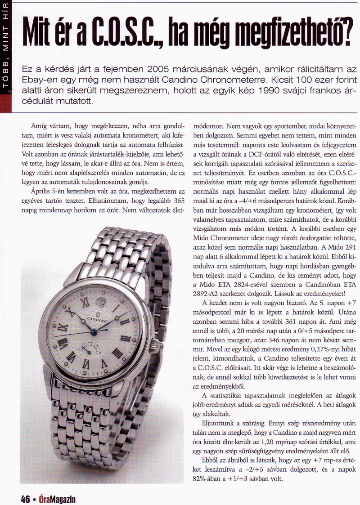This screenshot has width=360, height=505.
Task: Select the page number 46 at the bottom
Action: [24, 499]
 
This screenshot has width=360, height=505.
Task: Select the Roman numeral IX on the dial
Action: [62, 326]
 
